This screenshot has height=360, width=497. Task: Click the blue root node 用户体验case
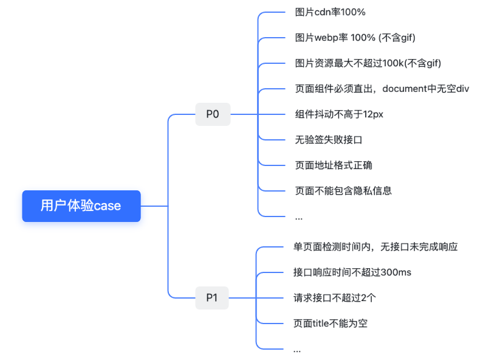coord(81,206)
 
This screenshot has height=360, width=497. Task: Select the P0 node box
coord(213,114)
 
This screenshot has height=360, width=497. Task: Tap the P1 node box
coord(211,298)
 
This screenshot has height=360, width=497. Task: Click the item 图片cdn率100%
coord(330,12)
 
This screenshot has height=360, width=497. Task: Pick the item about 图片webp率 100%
coord(355,38)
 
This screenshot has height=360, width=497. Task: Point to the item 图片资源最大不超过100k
coord(368,63)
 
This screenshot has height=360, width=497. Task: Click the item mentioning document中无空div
coord(382,89)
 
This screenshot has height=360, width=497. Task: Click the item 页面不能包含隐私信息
coord(343,191)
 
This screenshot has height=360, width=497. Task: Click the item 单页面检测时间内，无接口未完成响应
coord(375,247)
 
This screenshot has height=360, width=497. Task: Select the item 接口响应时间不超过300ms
coord(352,272)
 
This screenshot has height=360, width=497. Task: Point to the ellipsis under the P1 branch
coord(297,350)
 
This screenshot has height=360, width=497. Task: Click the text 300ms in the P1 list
coord(396,272)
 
